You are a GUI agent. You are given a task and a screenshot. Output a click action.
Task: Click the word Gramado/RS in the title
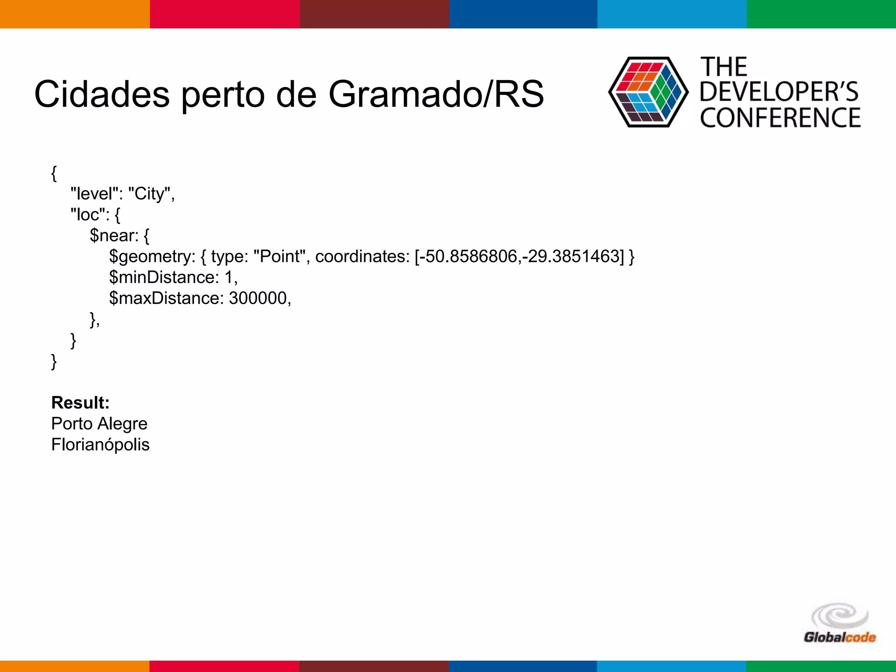[x=436, y=94]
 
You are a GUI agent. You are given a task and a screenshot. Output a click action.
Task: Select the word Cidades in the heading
[x=101, y=94]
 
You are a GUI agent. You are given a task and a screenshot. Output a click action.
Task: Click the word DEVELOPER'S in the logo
[x=779, y=92]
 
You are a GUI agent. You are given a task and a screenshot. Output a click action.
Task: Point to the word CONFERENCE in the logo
[x=780, y=118]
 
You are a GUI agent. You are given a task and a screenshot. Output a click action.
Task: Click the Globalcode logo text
[x=840, y=637]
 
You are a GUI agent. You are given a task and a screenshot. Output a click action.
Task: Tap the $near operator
[x=114, y=235]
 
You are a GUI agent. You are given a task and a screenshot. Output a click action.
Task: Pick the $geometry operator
[x=152, y=256]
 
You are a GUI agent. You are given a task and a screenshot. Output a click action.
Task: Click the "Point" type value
[x=279, y=256]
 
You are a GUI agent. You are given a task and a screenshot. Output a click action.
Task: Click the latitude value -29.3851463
[x=573, y=256]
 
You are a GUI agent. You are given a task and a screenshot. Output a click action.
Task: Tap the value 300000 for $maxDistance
[x=258, y=298]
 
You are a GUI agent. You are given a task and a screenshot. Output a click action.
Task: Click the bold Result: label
[x=80, y=402]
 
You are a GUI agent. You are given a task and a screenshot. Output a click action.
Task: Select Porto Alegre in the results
[x=99, y=423]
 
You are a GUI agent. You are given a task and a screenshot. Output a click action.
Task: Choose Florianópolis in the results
[x=100, y=444]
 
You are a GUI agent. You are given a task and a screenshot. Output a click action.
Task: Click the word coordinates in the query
[x=362, y=256]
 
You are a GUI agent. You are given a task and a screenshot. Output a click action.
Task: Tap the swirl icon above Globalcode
[x=840, y=616]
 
